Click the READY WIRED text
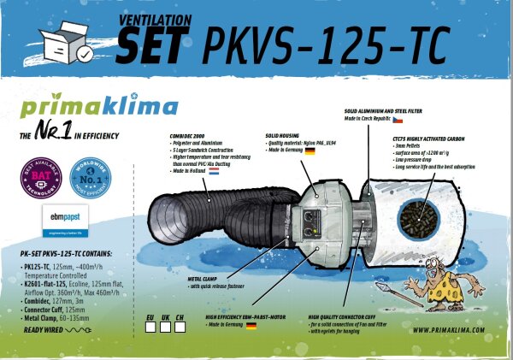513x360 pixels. (45, 328)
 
